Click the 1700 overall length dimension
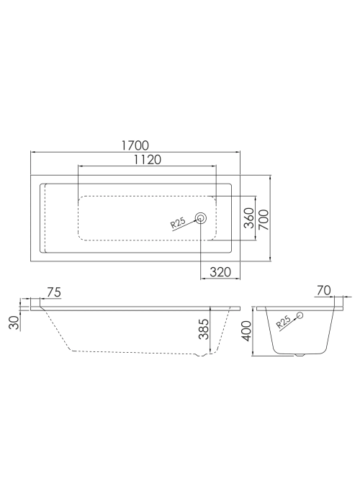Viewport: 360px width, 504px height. click(x=135, y=145)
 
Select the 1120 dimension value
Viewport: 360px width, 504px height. click(x=147, y=159)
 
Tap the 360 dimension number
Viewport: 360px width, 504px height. click(x=249, y=218)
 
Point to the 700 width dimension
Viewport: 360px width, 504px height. click(x=264, y=220)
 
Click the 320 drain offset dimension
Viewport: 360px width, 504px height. click(x=220, y=272)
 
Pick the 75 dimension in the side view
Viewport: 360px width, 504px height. click(x=54, y=292)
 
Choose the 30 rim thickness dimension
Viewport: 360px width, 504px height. click(x=14, y=323)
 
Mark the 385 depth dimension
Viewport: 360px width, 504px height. click(x=203, y=329)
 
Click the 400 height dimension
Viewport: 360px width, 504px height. click(x=246, y=331)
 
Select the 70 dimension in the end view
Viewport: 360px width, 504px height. click(x=324, y=291)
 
